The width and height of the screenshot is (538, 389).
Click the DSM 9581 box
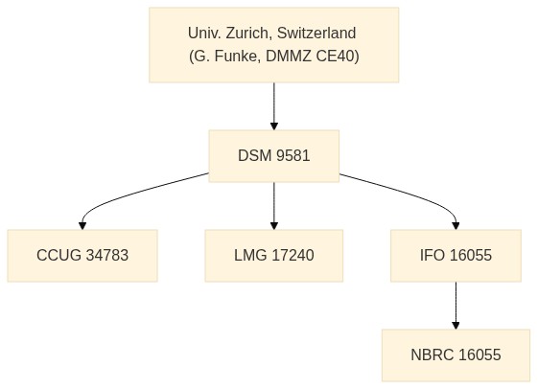274,156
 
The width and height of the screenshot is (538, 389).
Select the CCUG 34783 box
82,256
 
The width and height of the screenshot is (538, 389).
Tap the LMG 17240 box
274,256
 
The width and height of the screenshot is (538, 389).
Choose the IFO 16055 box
456,256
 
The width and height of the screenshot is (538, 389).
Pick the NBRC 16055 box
456,355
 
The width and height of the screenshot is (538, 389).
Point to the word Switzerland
316,34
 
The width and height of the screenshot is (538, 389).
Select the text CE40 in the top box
338,57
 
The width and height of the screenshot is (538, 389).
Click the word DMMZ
289,57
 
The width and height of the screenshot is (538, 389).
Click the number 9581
293,155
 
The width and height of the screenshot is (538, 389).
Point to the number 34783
107,255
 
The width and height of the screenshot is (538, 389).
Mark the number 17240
292,255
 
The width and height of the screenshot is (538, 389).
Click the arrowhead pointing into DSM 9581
274,126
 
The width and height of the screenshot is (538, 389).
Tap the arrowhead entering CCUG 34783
82,225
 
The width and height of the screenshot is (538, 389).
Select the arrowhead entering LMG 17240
274,225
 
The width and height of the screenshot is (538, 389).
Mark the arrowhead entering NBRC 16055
456,325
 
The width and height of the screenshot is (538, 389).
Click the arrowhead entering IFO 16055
456,225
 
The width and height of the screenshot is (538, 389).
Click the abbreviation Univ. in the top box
204,34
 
